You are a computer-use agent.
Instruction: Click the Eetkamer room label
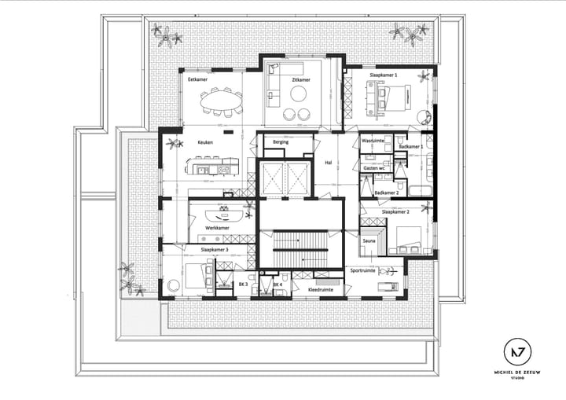click(197, 79)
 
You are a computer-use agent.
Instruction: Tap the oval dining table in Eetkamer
click(221, 101)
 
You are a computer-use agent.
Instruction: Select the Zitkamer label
click(300, 79)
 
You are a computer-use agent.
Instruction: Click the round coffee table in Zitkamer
click(300, 94)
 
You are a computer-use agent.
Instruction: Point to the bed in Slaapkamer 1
click(394, 99)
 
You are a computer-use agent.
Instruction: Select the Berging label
click(281, 142)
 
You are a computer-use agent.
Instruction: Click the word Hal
click(329, 163)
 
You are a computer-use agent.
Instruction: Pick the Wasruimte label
click(372, 141)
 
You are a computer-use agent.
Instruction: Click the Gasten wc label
click(374, 168)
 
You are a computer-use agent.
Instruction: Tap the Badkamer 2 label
click(387, 193)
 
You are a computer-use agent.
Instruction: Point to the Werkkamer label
click(217, 228)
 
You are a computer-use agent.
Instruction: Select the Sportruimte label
click(364, 270)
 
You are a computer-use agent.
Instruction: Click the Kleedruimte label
click(320, 290)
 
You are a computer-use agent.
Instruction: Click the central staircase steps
click(300, 250)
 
